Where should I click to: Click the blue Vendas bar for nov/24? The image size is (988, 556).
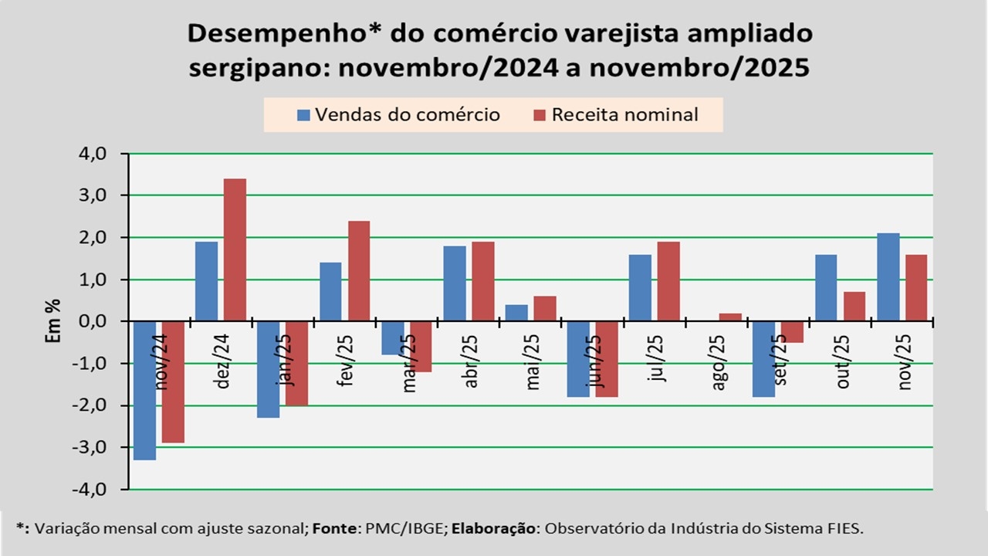(x=144, y=390)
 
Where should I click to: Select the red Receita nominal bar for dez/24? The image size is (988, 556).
(x=235, y=249)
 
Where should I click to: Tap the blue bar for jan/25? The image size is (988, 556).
(x=268, y=369)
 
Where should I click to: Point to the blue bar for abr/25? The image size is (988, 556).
(x=454, y=283)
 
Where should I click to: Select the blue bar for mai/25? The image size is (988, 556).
(x=516, y=312)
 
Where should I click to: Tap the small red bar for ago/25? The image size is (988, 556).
(x=730, y=317)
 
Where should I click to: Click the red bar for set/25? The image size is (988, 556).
(x=792, y=331)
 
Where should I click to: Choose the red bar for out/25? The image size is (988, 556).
(x=854, y=306)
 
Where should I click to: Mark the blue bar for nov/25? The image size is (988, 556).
(x=888, y=276)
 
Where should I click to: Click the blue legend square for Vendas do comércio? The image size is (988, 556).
(x=304, y=115)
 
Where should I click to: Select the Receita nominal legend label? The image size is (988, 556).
(x=624, y=115)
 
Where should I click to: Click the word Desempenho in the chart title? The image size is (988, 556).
(x=281, y=34)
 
